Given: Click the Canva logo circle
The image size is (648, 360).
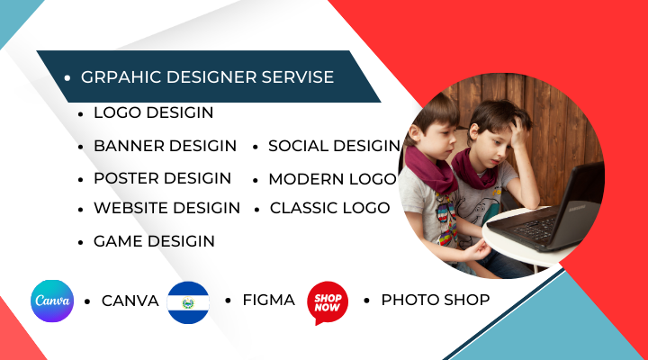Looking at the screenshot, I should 52,301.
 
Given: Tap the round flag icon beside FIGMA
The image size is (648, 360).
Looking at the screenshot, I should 188,302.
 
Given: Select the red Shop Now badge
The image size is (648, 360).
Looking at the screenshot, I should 328,302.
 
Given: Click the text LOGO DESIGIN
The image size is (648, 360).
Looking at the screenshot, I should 153,112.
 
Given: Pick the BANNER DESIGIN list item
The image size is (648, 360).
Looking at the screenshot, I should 165,146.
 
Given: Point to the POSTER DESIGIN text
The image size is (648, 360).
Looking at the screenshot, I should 162,178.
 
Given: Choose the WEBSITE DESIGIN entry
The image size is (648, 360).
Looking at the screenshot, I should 166,208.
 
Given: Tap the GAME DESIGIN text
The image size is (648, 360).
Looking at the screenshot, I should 154,241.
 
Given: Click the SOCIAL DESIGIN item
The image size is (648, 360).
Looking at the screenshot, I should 334,146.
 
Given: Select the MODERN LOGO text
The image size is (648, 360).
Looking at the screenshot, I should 332,179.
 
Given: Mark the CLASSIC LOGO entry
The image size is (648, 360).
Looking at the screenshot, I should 329,208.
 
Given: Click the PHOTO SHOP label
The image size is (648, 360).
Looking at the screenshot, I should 436,300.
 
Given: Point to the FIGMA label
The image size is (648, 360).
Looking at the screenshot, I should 268,300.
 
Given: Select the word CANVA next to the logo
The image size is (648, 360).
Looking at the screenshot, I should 130,301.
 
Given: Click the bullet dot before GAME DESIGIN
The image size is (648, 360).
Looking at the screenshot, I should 81,242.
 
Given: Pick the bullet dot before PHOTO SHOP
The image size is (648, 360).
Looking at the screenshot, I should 367,300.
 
